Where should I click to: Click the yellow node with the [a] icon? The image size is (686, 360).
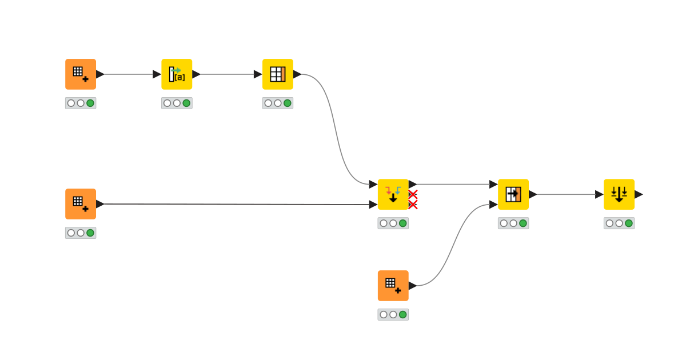point(177,74)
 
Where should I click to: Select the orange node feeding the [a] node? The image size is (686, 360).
point(81,74)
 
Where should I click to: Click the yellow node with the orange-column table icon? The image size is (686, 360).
point(278,74)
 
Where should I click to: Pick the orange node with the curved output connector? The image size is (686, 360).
point(393,286)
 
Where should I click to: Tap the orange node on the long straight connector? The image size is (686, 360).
point(81,204)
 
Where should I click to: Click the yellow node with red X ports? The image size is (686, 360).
point(393,194)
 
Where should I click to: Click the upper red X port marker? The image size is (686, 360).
point(413,194)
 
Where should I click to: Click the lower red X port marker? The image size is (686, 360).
point(413,205)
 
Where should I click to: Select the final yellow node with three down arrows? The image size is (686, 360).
point(619,194)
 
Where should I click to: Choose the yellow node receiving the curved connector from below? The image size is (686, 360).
point(513,194)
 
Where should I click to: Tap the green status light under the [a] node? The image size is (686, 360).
point(186,103)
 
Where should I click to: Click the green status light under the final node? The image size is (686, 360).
point(629,223)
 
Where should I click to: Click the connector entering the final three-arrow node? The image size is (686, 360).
point(566,194)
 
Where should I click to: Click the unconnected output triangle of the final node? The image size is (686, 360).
point(639,194)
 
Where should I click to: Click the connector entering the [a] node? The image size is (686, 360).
point(129,74)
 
